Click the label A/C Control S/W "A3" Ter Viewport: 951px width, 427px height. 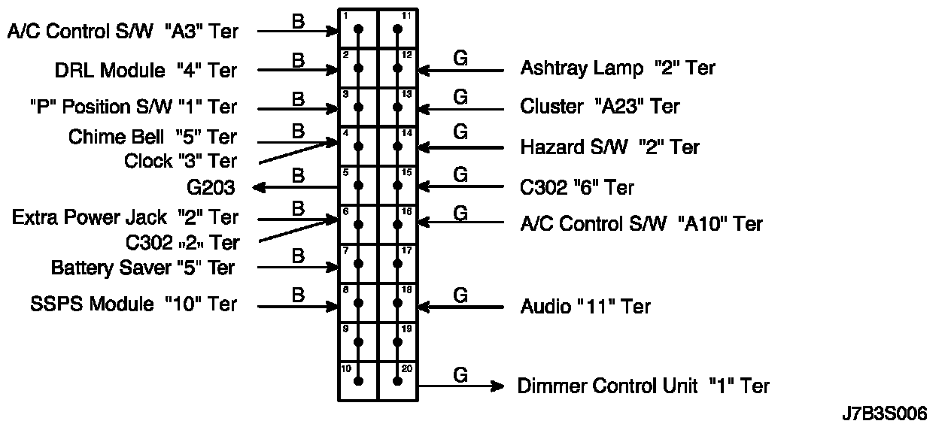123,32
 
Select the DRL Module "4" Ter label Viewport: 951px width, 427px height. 145,71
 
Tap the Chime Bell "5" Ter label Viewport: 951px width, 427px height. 152,137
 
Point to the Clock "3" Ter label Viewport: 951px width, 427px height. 180,161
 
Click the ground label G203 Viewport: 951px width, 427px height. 211,187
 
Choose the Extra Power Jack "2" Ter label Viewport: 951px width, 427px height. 125,218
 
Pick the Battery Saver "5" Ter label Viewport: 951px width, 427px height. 143,268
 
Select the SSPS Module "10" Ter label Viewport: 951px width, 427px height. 133,304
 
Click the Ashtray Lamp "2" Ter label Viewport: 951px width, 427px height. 618,68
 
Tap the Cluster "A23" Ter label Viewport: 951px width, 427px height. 600,107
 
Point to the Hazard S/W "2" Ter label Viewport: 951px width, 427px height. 609,147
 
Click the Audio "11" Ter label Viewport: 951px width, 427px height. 585,307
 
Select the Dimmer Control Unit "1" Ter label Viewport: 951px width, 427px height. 643,386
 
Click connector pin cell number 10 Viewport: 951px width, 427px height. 358,380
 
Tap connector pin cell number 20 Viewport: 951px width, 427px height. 397,380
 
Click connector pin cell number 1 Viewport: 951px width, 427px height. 358,29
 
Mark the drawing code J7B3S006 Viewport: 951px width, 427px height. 885,413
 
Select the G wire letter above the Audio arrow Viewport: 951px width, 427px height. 461,294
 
